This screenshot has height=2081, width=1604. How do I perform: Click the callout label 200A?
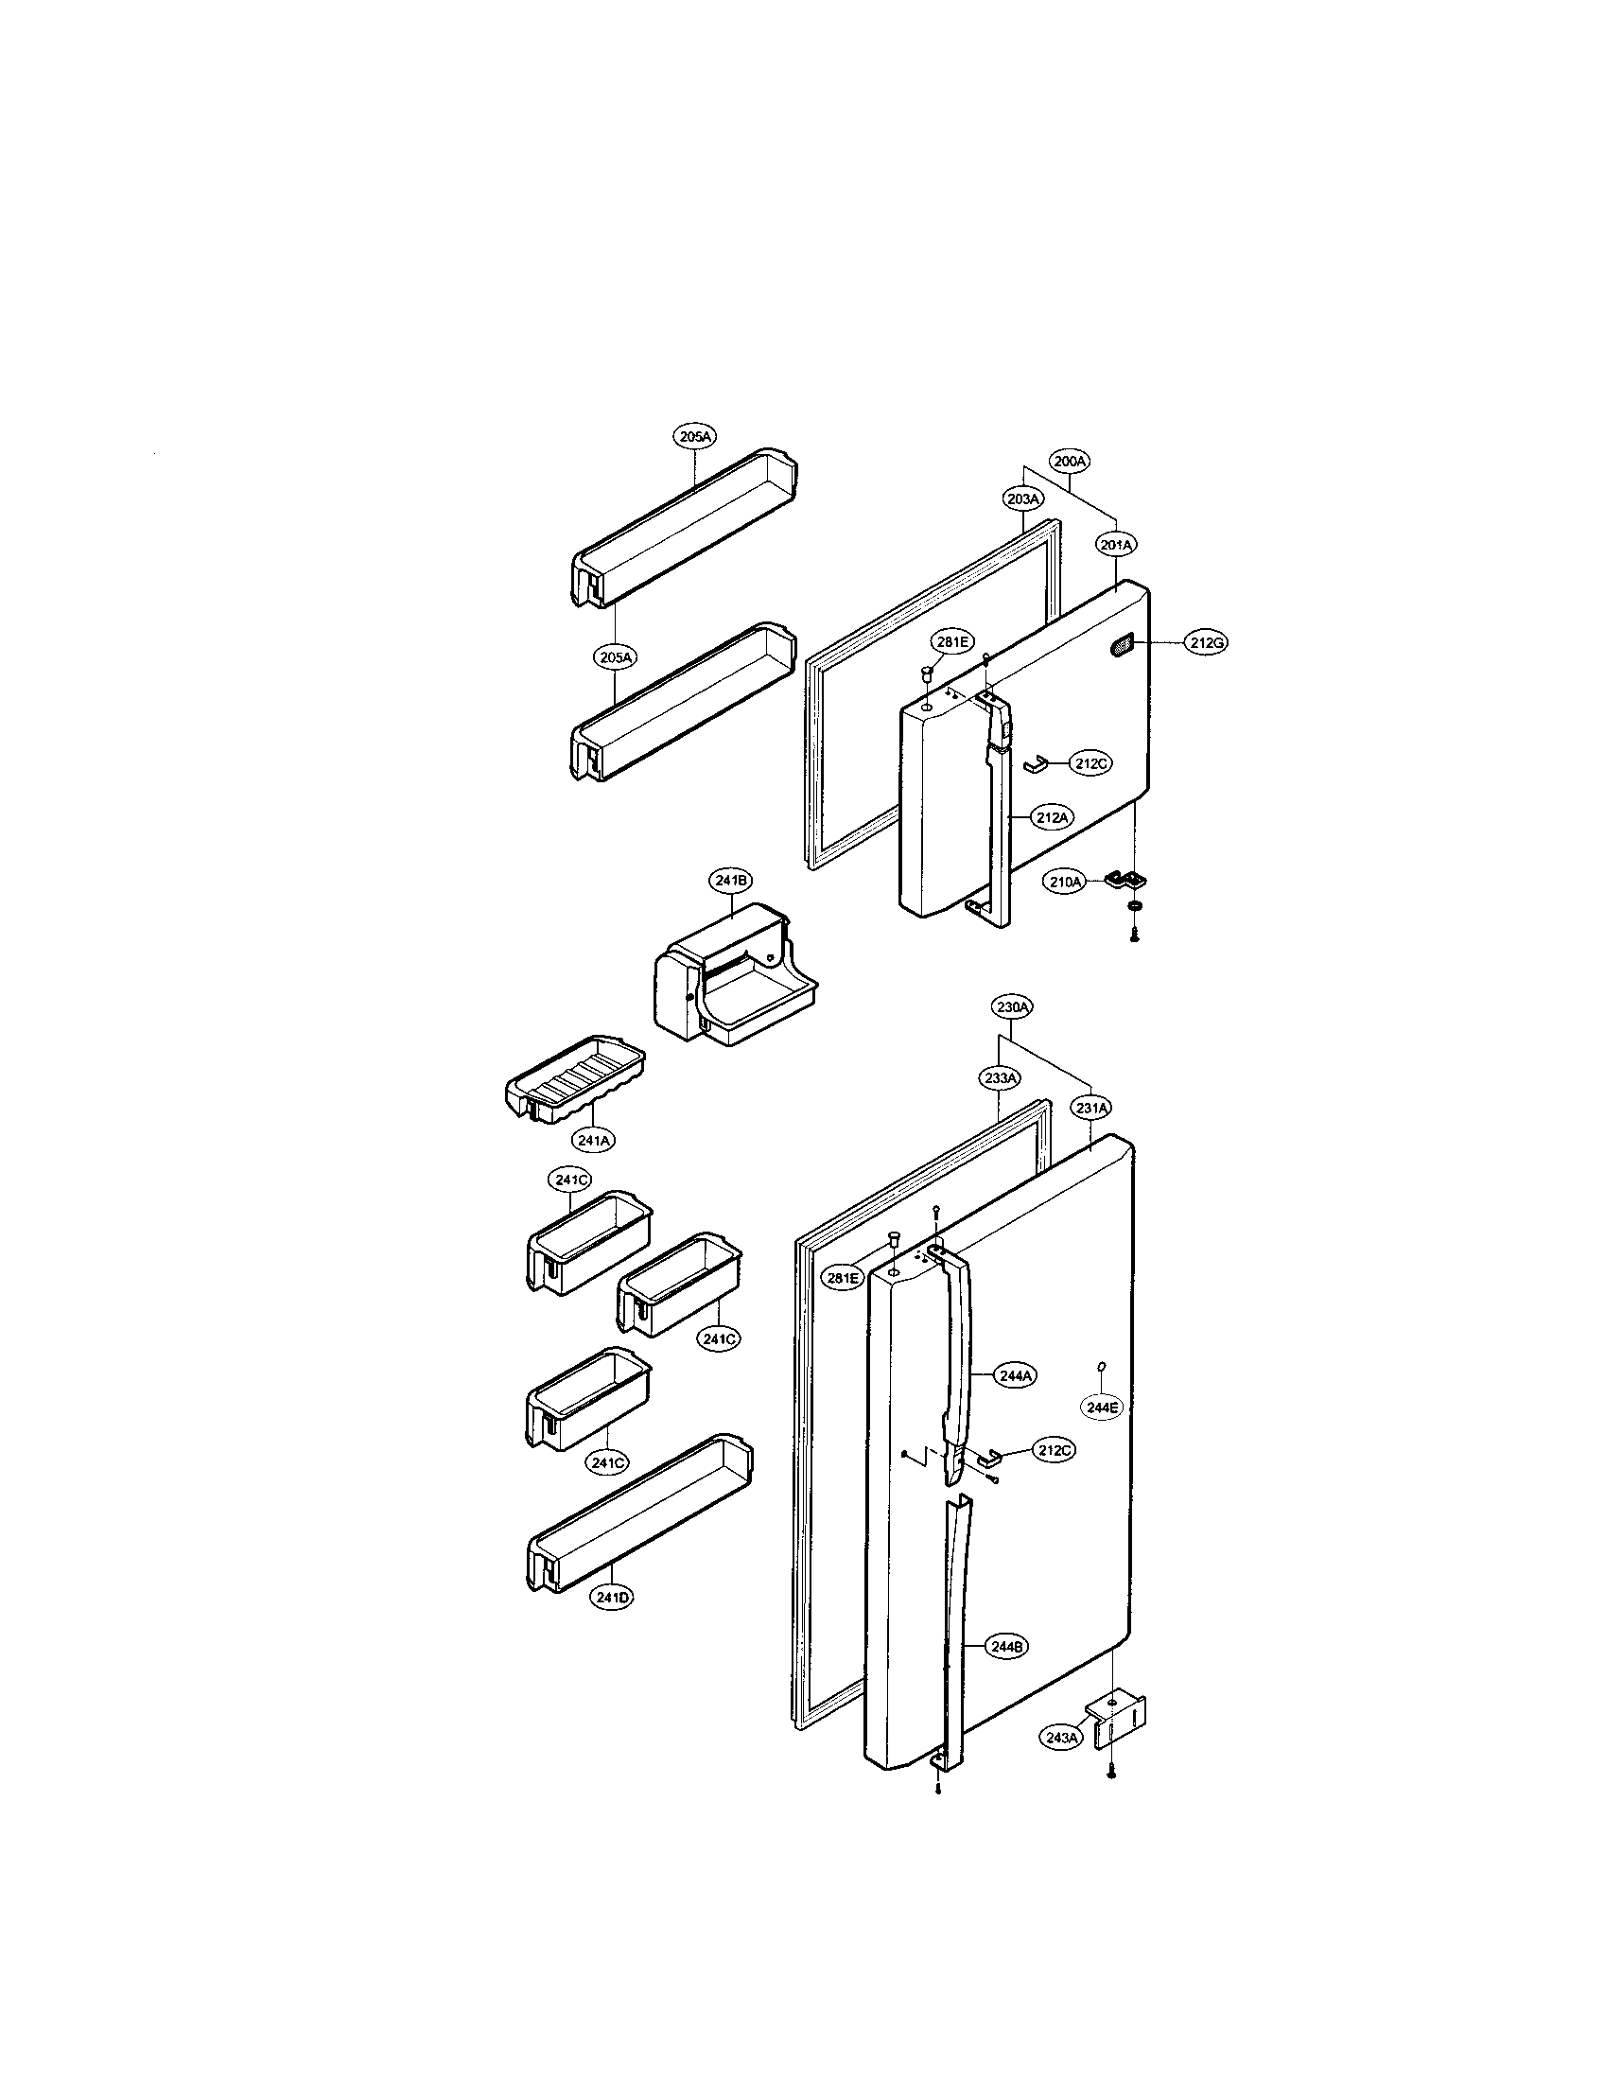pyautogui.click(x=1070, y=462)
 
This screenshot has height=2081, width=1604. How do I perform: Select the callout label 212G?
pyautogui.click(x=1205, y=643)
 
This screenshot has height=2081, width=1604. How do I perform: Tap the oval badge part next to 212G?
pyautogui.click(x=1121, y=646)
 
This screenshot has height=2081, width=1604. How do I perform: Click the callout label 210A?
pyautogui.click(x=1066, y=883)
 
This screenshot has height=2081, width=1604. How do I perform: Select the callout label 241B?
pyautogui.click(x=730, y=881)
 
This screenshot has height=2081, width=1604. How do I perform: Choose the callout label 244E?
pyautogui.click(x=1105, y=1407)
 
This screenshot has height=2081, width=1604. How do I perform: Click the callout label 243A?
pyautogui.click(x=1060, y=1737)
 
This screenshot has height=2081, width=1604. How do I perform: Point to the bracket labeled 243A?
pyautogui.click(x=1120, y=1722)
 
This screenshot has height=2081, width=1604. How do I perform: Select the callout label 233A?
pyautogui.click(x=999, y=1077)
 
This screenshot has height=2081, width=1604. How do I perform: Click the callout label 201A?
pyautogui.click(x=1115, y=545)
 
